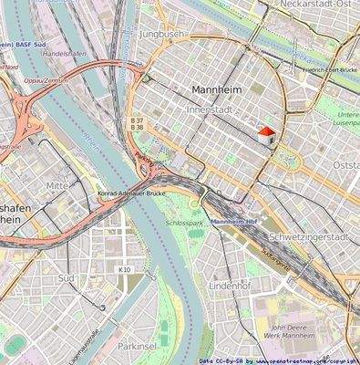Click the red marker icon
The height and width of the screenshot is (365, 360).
[266, 133]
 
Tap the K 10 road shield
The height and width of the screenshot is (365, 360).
[125, 270]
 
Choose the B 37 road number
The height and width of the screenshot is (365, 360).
[137, 120]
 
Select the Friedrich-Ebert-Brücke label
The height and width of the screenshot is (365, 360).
[330, 68]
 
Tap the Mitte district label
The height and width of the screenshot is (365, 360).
[57, 185]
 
